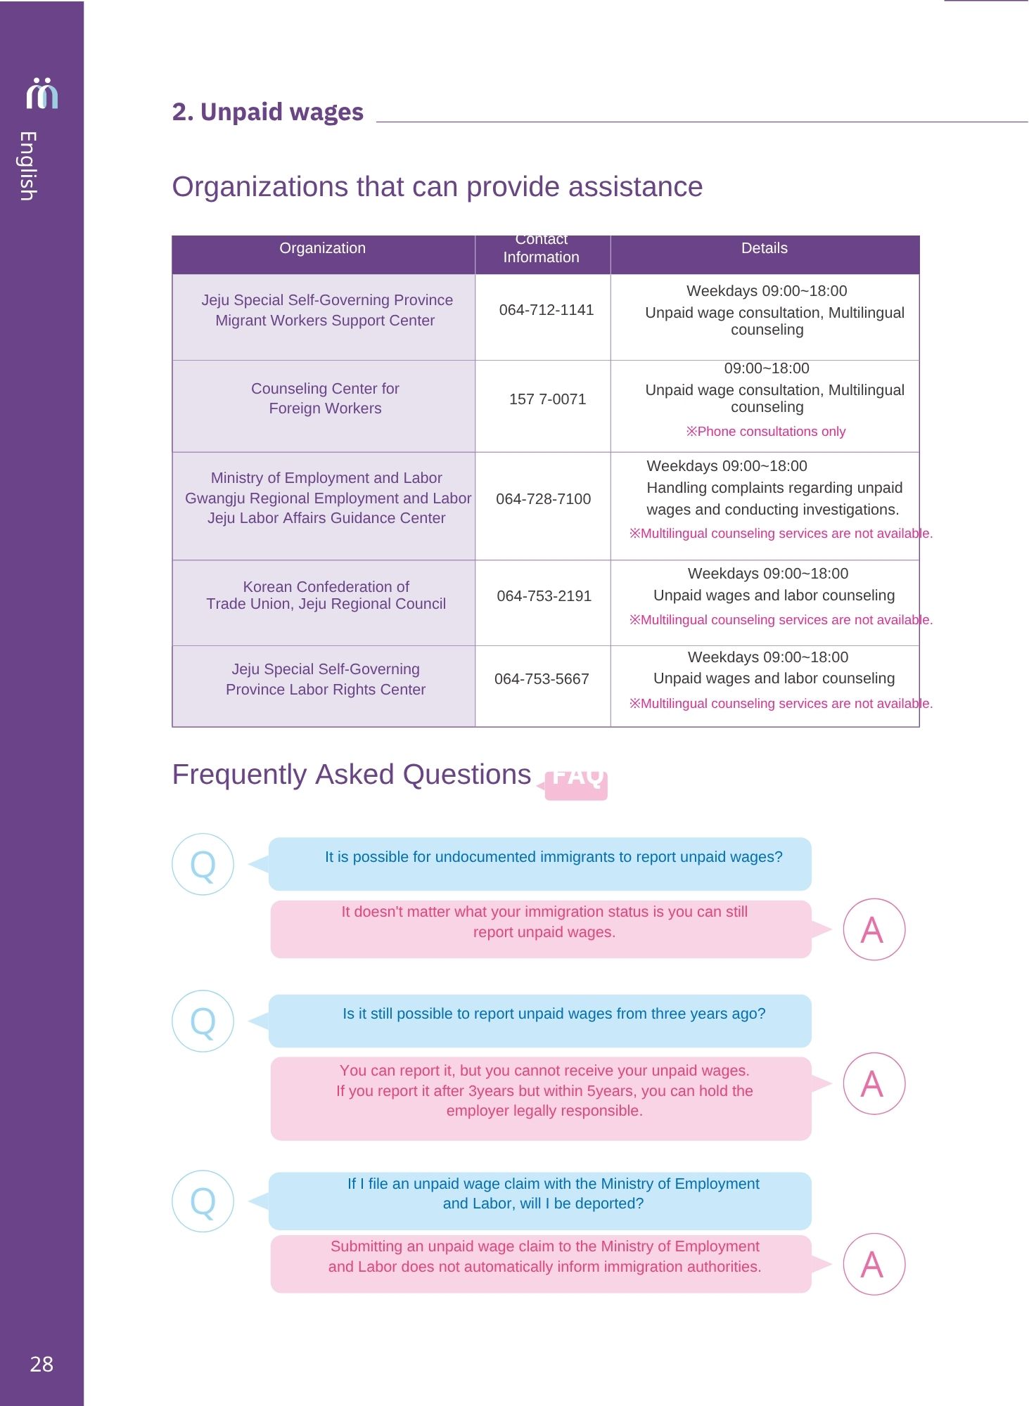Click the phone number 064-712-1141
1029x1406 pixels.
[x=546, y=310]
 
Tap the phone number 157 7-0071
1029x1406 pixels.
[x=547, y=399]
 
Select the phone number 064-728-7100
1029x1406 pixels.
[x=543, y=499]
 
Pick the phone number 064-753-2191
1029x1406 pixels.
[x=544, y=596]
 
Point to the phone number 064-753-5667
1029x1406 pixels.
[x=542, y=679]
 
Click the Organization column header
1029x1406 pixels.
[x=322, y=248]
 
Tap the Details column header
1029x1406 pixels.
[x=764, y=248]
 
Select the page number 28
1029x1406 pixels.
[x=41, y=1365]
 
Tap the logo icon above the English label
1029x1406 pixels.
[x=41, y=93]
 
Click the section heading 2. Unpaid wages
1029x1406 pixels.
[x=267, y=112]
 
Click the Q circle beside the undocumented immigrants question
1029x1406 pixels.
[x=203, y=864]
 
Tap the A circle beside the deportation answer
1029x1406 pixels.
[x=874, y=1264]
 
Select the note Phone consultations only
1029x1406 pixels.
[x=765, y=432]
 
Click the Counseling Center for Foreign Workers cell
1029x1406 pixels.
[x=325, y=399]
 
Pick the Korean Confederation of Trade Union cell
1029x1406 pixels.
[x=326, y=595]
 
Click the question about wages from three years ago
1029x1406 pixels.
[x=554, y=1014]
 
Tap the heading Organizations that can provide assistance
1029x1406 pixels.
[x=437, y=187]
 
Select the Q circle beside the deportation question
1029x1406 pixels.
[x=203, y=1201]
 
